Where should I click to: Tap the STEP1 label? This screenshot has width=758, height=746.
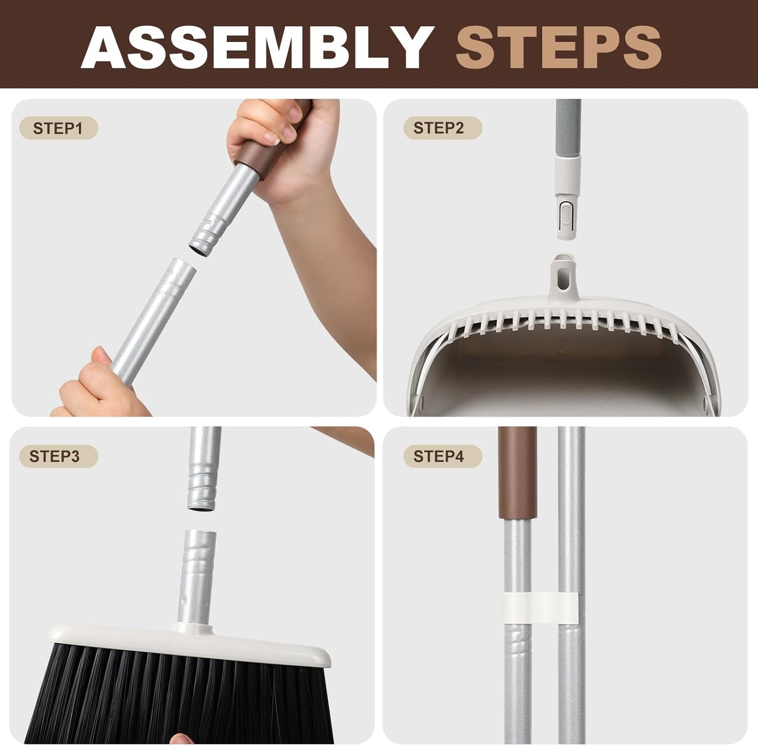pyautogui.click(x=58, y=128)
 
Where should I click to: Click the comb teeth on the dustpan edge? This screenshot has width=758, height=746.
pyautogui.click(x=567, y=322)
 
